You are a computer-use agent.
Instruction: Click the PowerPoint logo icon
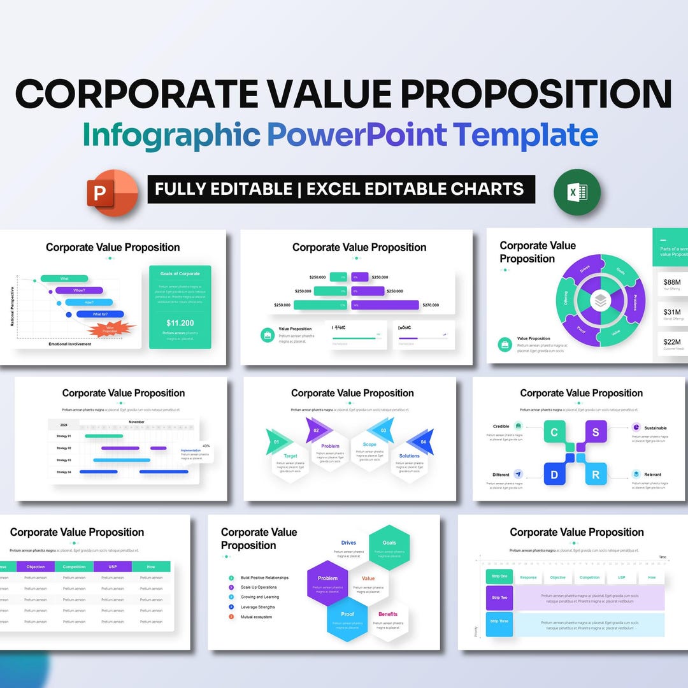click(113, 192)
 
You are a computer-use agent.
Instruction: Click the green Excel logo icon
click(577, 192)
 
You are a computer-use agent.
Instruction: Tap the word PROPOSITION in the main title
click(535, 94)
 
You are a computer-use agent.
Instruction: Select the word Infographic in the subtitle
click(171, 135)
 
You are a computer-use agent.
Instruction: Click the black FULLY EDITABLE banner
click(341, 189)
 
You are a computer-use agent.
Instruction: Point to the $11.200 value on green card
click(180, 323)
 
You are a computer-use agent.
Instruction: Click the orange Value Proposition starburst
click(111, 329)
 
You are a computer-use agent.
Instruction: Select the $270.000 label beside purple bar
click(431, 305)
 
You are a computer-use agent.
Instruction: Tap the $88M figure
click(672, 282)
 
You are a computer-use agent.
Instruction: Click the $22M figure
click(672, 342)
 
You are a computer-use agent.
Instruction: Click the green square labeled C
click(554, 433)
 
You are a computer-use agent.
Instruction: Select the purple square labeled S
click(596, 433)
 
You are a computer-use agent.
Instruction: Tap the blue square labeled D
click(554, 475)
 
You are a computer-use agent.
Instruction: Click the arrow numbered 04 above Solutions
click(422, 441)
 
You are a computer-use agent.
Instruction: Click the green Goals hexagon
click(389, 547)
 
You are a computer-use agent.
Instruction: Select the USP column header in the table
click(112, 566)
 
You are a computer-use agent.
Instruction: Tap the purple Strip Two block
click(499, 598)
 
